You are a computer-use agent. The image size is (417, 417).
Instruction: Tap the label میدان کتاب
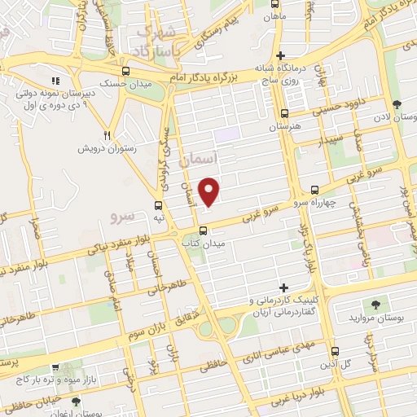click(x=203, y=243)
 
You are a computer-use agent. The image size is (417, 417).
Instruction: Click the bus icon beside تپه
click(x=159, y=205)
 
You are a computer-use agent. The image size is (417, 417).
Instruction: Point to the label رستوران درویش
click(x=99, y=149)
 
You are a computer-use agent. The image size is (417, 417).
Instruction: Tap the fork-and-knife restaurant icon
click(x=107, y=134)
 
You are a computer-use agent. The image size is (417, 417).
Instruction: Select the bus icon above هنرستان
click(x=284, y=115)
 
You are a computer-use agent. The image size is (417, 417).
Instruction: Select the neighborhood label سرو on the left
click(x=122, y=216)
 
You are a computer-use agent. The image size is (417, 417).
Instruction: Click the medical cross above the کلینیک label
click(x=283, y=288)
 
